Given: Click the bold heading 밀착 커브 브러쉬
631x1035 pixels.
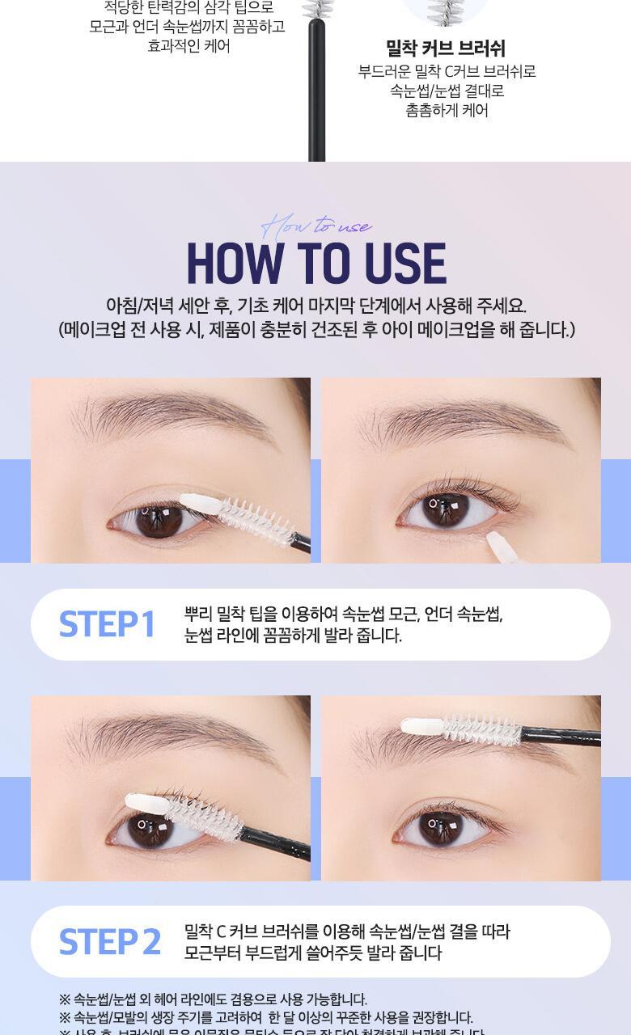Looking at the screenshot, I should click(x=446, y=49).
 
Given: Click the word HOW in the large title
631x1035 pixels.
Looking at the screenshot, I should click(x=235, y=264).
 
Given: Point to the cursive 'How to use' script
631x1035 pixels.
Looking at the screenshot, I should click(x=317, y=225).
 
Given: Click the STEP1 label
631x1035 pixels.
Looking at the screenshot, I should click(x=107, y=624).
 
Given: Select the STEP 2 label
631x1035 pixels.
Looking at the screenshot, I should click(x=110, y=942).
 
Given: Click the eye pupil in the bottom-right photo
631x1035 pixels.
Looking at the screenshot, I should click(x=441, y=826).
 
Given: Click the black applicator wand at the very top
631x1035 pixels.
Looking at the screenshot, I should click(x=316, y=89).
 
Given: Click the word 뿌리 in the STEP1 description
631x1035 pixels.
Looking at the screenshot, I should click(x=199, y=615).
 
